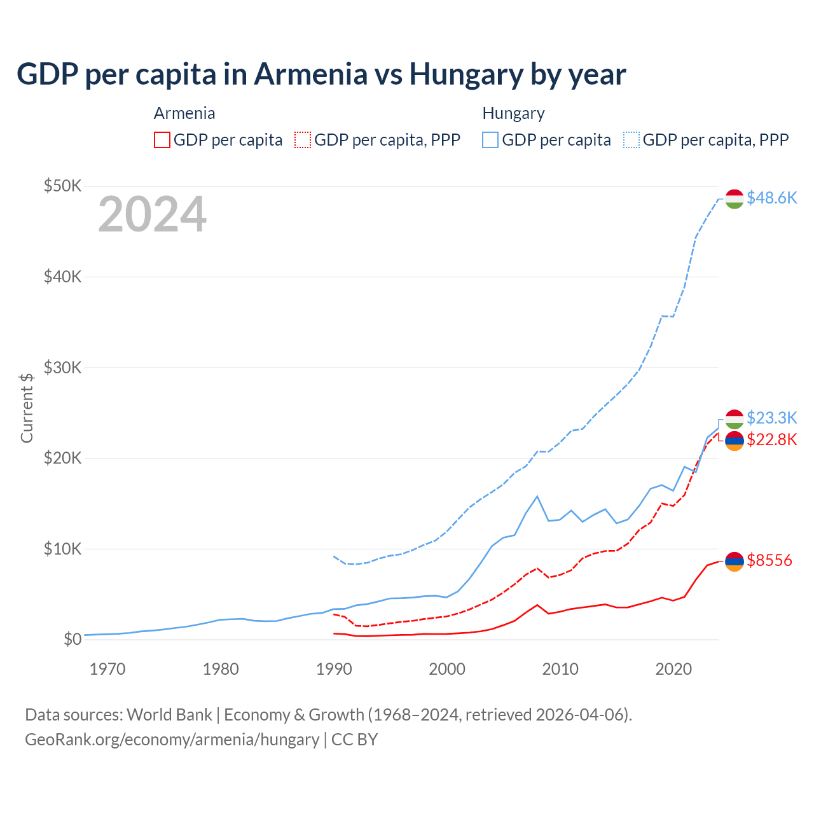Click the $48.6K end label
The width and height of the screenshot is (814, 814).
point(771,198)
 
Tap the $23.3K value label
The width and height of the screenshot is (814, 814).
point(771,418)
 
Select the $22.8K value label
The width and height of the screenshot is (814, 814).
point(771,439)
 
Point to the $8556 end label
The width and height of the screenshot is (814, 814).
point(769,560)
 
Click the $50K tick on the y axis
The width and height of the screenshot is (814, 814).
point(62,186)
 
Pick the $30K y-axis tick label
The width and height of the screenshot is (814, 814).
point(62,368)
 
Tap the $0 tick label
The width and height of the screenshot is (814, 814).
point(72,639)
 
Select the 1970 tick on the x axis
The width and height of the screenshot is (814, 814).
point(107,669)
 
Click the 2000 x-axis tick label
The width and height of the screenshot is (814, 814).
point(447,669)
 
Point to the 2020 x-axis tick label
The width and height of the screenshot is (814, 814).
point(673,669)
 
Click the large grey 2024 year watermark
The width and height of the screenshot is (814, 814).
point(152,214)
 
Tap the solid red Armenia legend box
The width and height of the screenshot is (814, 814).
point(162,140)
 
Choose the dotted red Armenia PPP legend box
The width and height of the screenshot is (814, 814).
point(303,140)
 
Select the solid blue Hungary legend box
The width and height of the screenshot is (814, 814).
point(490,140)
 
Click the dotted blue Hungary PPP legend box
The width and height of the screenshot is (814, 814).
point(631,140)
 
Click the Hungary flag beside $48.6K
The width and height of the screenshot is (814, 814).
point(735,198)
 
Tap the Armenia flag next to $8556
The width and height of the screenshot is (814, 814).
point(735,562)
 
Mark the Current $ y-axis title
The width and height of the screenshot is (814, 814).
point(27,408)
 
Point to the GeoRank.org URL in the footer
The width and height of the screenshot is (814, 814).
point(172,740)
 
